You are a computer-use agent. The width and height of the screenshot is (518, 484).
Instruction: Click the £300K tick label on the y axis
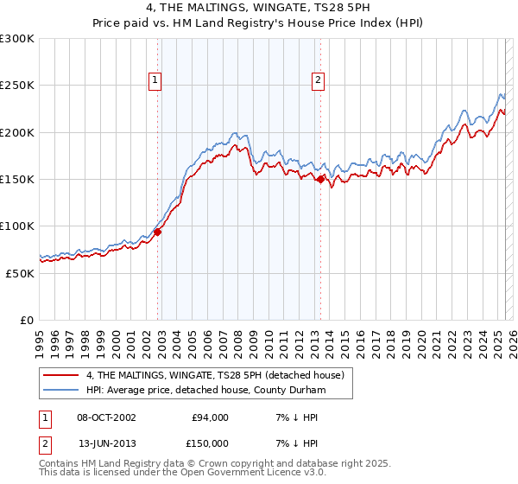pyautogui.click(x=17, y=39)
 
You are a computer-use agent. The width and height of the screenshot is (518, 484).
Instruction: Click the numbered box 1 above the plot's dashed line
pyautogui.click(x=155, y=80)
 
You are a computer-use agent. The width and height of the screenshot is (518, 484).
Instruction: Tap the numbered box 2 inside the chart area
pyautogui.click(x=319, y=80)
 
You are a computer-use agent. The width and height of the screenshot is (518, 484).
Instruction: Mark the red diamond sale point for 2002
pyautogui.click(x=158, y=232)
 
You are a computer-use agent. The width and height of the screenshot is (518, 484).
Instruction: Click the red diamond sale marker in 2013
pyautogui.click(x=320, y=179)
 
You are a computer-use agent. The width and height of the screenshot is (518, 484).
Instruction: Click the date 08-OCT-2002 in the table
pyautogui.click(x=106, y=417)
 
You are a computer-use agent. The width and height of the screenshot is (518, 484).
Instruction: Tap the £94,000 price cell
pyautogui.click(x=210, y=417)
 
